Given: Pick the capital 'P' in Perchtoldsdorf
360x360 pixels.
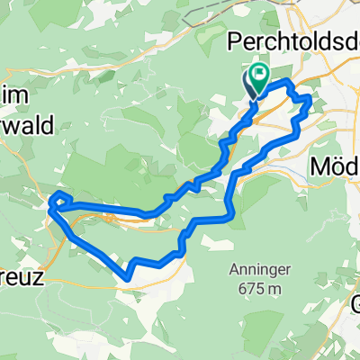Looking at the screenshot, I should click(238, 43).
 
